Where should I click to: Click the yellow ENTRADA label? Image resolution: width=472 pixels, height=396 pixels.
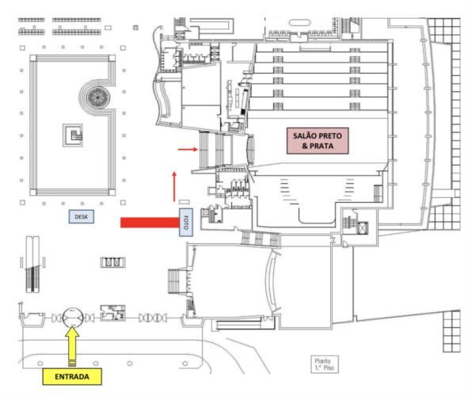pyautogui.click(x=72, y=376)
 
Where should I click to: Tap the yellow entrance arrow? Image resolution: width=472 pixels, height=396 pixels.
pyautogui.click(x=72, y=347)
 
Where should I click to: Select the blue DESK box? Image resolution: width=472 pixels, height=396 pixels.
pyautogui.click(x=82, y=216)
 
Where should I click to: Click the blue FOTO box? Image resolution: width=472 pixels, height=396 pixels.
pyautogui.click(x=186, y=223)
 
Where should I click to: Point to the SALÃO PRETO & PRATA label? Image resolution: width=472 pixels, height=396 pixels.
pyautogui.click(x=318, y=141)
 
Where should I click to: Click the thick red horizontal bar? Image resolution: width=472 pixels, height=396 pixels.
pyautogui.click(x=150, y=223)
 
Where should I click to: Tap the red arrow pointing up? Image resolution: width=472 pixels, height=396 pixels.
pyautogui.click(x=174, y=186)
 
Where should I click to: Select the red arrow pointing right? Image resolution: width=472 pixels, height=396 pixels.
pyautogui.click(x=188, y=149)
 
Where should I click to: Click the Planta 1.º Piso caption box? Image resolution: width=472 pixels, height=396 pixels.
pyautogui.click(x=325, y=364)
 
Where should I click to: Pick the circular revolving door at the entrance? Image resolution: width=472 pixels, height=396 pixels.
pyautogui.click(x=73, y=318)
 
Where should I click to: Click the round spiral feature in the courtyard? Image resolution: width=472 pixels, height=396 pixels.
pyautogui.click(x=97, y=97)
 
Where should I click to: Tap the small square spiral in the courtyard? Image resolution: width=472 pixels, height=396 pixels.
pyautogui.click(x=73, y=135)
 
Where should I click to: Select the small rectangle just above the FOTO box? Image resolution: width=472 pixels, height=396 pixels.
pyautogui.click(x=185, y=202)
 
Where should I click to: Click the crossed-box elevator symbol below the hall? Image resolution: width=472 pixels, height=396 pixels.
pyautogui.click(x=362, y=228)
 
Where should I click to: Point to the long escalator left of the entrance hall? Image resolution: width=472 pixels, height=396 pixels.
pyautogui.click(x=32, y=265)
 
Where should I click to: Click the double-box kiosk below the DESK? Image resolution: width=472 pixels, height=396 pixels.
pyautogui.click(x=112, y=262)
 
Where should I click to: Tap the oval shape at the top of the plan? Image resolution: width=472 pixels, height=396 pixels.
pyautogui.click(x=299, y=23)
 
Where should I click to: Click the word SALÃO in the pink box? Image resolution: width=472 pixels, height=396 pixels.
pyautogui.click(x=304, y=135)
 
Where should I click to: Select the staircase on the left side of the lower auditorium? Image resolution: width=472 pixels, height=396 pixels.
pyautogui.click(x=174, y=281)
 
